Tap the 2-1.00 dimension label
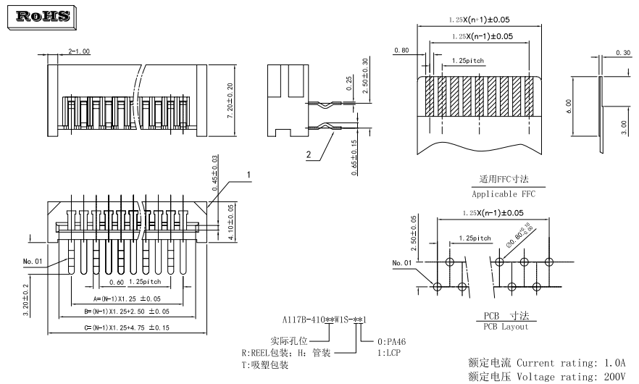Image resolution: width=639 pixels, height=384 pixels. click(x=79, y=52)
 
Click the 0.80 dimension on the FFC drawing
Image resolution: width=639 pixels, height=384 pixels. click(x=402, y=51)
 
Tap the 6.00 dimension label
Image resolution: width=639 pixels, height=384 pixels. click(x=569, y=106)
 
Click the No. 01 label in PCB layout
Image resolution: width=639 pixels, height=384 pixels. click(x=402, y=262)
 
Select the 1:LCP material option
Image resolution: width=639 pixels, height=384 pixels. click(x=389, y=352)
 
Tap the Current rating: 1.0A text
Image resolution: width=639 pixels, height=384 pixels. click(x=579, y=362)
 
